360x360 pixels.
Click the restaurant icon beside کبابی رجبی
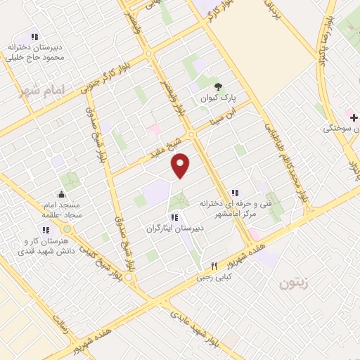coord(214,266)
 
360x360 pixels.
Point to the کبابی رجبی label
coord(214,278)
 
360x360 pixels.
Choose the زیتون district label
coord(294,284)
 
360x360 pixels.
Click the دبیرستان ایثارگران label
coord(174,229)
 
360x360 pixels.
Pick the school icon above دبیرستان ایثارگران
coord(174,217)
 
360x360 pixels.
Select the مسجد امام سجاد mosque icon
coord(62,195)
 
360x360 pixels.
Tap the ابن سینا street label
coord(238,114)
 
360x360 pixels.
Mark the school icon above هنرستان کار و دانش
coord(46,229)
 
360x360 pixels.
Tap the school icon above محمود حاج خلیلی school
coord(34,37)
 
